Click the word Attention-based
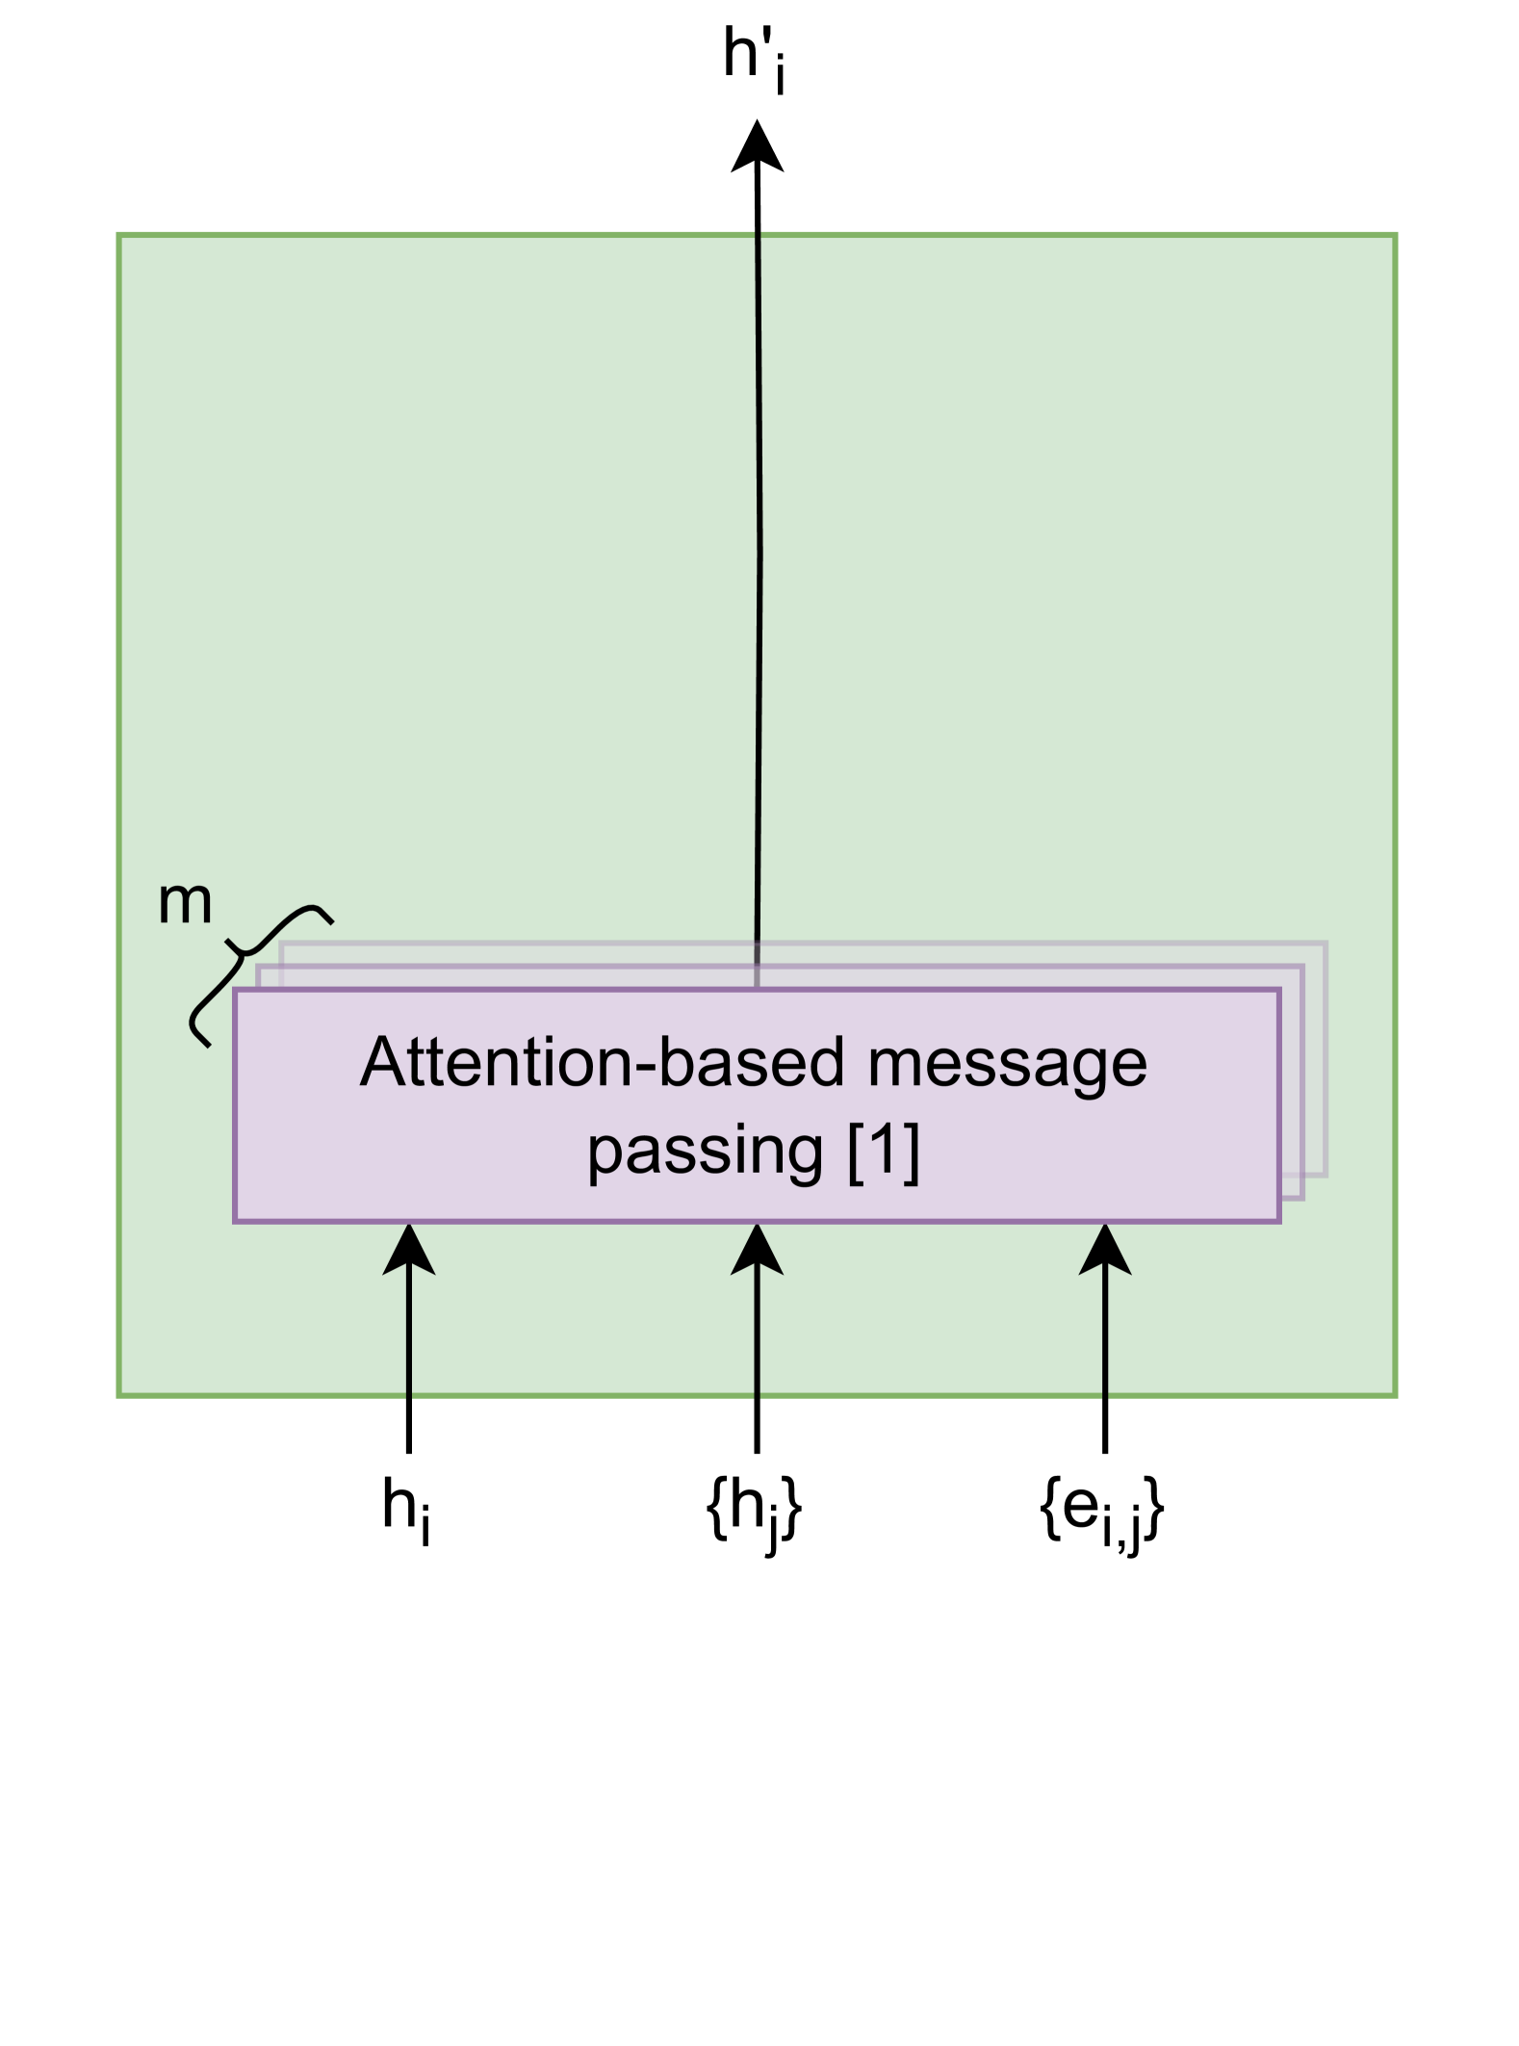604,1063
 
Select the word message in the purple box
1007,1063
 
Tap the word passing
705,1149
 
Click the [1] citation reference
884,1149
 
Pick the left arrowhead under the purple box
409,1252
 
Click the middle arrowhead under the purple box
757,1252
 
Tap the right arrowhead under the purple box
1105,1252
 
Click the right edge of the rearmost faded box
1326,1059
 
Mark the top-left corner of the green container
118,234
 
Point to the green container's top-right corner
1396,234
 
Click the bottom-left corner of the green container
118,1394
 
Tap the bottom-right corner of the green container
1396,1394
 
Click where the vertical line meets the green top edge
758,234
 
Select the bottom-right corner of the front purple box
1279,1221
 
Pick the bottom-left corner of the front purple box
235,1221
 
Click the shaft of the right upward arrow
1105,1338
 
